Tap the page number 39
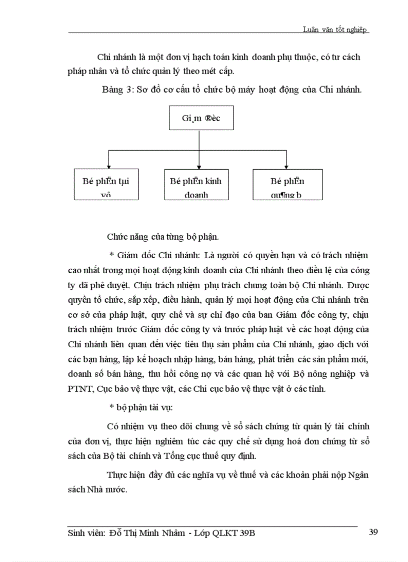click(x=373, y=532)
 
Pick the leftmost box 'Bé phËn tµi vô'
click(x=105, y=185)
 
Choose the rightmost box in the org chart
click(x=287, y=185)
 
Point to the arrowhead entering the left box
click(x=108, y=166)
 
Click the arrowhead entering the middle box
click(x=199, y=166)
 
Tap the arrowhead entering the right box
click(x=286, y=166)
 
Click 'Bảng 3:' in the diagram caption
click(x=117, y=90)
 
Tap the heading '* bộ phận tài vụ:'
click(x=140, y=407)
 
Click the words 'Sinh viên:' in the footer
click(x=86, y=533)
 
